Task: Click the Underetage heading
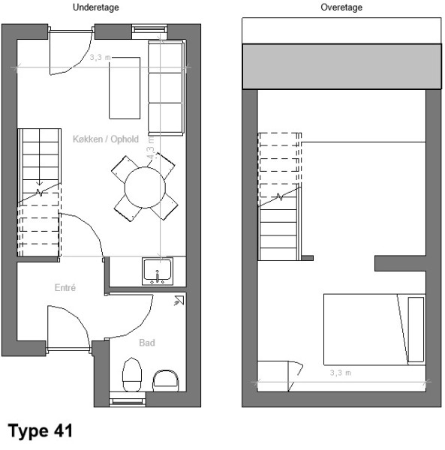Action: [95, 7]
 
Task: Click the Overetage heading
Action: [341, 7]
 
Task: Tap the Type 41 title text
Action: [41, 430]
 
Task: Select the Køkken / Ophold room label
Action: [106, 139]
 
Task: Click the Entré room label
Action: [65, 287]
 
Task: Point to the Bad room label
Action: [147, 343]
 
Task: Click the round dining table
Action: [145, 187]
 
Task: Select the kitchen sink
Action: [158, 271]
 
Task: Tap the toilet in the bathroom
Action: [132, 374]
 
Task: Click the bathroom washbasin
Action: [165, 381]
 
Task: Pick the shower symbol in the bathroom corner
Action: [179, 300]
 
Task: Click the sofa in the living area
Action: [166, 88]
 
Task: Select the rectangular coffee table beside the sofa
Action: [125, 88]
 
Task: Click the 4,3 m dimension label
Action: [151, 148]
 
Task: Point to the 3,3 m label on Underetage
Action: [101, 58]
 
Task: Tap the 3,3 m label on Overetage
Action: [341, 373]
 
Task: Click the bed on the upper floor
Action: [374, 329]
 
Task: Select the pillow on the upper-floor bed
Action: [416, 329]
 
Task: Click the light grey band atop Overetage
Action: [341, 67]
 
